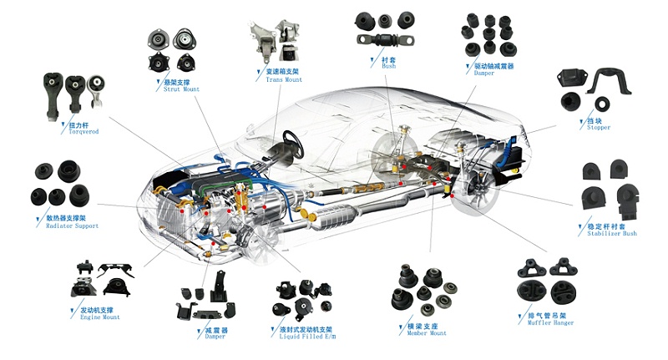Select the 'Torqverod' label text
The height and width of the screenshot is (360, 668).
pyautogui.click(x=72, y=132)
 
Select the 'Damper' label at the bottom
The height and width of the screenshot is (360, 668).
pyautogui.click(x=215, y=337)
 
